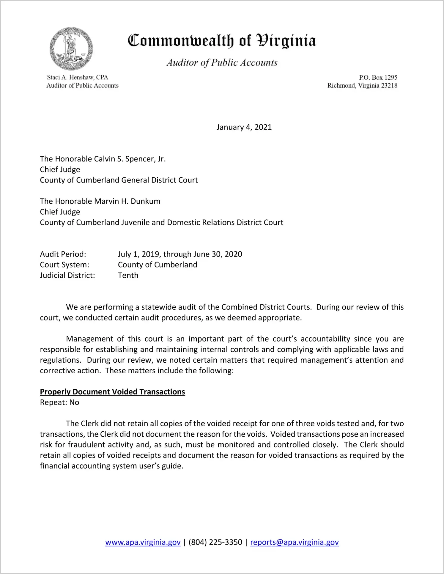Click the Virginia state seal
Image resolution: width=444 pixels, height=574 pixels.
tap(71, 49)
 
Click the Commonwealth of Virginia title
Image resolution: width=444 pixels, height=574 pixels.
tap(222, 41)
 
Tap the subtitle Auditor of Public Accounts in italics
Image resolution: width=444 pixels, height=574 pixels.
tap(222, 63)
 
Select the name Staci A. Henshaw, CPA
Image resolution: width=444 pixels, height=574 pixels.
tap(78, 77)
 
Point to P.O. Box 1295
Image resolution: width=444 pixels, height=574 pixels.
tap(378, 78)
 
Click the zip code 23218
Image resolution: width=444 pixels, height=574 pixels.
tap(389, 86)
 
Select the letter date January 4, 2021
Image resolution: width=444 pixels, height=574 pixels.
tap(244, 127)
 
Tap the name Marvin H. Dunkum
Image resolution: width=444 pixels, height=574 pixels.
tap(127, 201)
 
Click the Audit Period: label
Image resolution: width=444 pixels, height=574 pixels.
tap(63, 254)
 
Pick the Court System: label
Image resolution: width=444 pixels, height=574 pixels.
tap(64, 265)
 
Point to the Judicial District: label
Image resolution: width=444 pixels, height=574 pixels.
tap(67, 276)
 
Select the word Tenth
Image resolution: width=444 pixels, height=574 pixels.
tap(128, 276)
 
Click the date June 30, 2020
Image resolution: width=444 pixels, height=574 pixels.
tap(218, 254)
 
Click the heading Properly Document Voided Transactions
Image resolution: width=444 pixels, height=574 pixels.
tap(112, 392)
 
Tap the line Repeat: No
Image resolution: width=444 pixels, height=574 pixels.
tap(59, 402)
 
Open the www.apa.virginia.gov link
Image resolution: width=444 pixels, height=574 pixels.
tap(143, 542)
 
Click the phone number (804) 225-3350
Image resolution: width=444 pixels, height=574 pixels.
tap(215, 542)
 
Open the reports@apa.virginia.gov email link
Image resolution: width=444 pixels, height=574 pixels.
tap(294, 542)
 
